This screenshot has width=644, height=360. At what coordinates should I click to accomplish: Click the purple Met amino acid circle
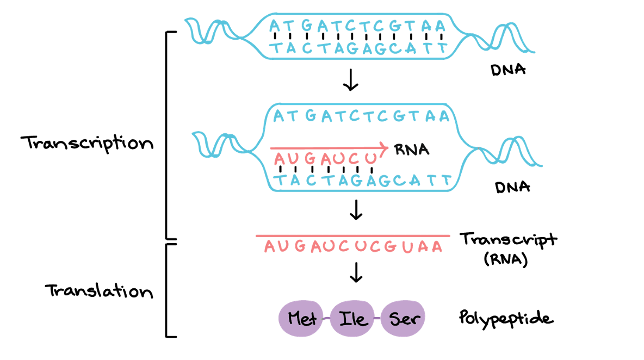pyautogui.click(x=302, y=318)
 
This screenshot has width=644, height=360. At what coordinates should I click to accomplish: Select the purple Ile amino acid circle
pyautogui.click(x=353, y=319)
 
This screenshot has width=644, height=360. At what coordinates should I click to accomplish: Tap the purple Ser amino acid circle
pyautogui.click(x=403, y=318)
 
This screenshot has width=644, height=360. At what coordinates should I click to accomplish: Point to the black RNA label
pyautogui.click(x=412, y=150)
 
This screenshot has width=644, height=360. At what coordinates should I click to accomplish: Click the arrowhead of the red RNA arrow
pyautogui.click(x=385, y=147)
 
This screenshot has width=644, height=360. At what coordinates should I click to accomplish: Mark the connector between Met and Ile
pyautogui.click(x=327, y=319)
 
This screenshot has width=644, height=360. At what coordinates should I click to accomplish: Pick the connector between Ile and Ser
pyautogui.click(x=377, y=319)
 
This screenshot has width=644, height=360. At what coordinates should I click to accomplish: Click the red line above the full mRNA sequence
pyautogui.click(x=352, y=236)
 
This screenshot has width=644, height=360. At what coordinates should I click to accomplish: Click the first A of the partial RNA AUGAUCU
pyautogui.click(x=280, y=159)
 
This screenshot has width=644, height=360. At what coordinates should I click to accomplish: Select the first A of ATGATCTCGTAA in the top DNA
pyautogui.click(x=275, y=26)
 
